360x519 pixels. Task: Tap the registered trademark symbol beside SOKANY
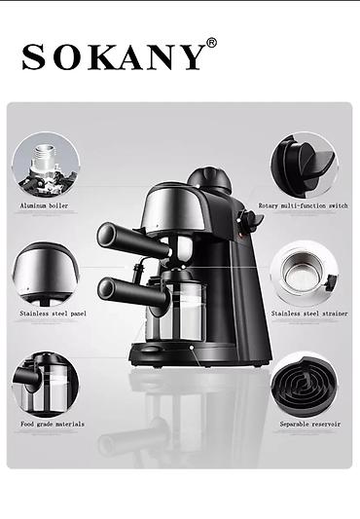coord(212,43)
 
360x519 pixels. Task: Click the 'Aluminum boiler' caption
coord(45,205)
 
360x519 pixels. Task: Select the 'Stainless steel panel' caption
coord(53,314)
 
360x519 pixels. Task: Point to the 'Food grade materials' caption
coord(53,424)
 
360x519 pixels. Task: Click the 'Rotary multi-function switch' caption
coord(304,205)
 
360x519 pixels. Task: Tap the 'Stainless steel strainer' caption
coord(309,314)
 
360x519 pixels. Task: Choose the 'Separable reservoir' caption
coord(310,424)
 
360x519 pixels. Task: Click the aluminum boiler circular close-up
coord(46,165)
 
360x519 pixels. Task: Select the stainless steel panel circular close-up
coord(46,274)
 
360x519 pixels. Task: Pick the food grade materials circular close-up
coord(46,385)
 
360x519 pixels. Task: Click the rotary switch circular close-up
coord(305,165)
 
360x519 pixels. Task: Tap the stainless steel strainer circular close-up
coord(305,274)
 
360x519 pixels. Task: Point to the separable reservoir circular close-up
coord(305,385)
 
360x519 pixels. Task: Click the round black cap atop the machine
coord(209,180)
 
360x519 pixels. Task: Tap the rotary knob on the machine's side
coord(250,220)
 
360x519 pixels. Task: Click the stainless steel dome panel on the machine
coord(172,208)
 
